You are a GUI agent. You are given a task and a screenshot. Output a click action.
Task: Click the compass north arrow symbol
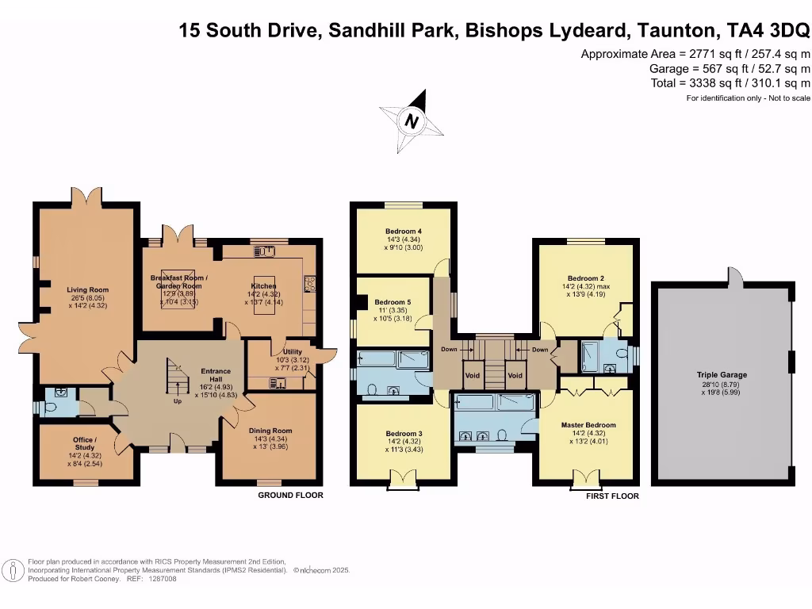pyautogui.click(x=412, y=121)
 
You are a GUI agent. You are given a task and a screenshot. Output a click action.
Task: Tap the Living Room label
pyautogui.click(x=87, y=290)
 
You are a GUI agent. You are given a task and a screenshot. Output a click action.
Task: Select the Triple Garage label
pyautogui.click(x=722, y=375)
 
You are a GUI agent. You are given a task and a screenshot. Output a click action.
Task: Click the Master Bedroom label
pyautogui.click(x=588, y=425)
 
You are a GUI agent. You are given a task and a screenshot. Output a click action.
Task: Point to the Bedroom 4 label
pyautogui.click(x=403, y=232)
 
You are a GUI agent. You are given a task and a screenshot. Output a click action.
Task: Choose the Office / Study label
pyautogui.click(x=85, y=440)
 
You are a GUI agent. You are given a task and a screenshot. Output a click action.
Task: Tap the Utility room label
pyautogui.click(x=282, y=352)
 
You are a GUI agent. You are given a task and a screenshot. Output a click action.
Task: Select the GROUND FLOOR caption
pyautogui.click(x=290, y=496)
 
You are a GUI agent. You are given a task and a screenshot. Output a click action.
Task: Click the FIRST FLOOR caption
pyautogui.click(x=612, y=496)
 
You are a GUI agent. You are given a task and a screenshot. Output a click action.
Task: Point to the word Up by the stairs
pyautogui.click(x=177, y=401)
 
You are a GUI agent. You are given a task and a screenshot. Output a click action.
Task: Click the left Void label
pyautogui.click(x=473, y=375)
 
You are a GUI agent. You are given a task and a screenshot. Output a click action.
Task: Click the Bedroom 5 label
pyautogui.click(x=393, y=302)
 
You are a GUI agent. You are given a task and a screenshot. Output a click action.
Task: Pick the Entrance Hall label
pyautogui.click(x=215, y=371)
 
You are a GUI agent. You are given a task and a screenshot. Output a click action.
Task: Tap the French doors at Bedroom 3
pyautogui.click(x=403, y=479)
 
